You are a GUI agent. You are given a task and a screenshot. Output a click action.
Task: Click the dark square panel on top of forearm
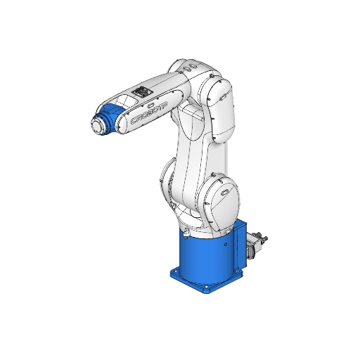(x=143, y=91)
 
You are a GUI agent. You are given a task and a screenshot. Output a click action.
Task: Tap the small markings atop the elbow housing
(x=190, y=67)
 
